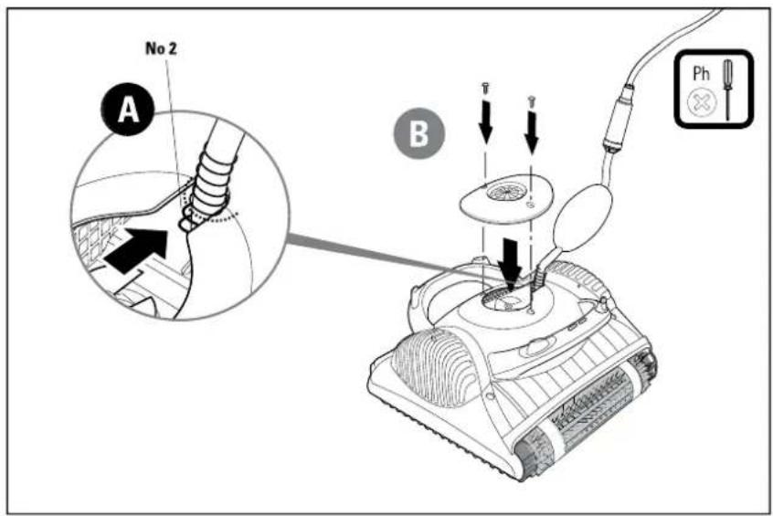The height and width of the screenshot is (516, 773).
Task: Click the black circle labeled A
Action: (128, 109)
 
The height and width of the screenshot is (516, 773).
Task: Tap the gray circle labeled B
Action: (419, 133)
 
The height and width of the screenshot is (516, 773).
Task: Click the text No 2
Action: (161, 48)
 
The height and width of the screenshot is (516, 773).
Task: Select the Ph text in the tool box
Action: (701, 73)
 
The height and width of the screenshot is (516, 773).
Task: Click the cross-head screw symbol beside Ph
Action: (701, 103)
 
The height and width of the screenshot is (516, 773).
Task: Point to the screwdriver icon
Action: (727, 90)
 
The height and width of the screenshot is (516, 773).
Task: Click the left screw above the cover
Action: (485, 89)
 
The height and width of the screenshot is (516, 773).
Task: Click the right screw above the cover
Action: (532, 101)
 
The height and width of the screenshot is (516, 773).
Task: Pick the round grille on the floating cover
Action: (503, 191)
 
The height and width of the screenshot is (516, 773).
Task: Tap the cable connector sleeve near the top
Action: (619, 119)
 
